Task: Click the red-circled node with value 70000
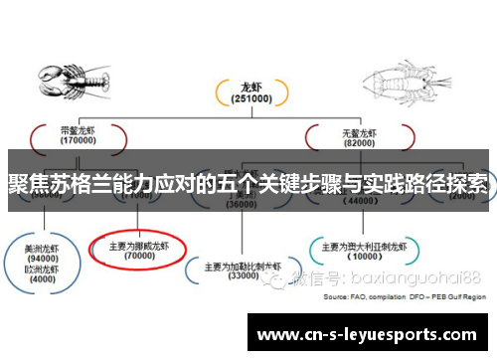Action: click(137, 248)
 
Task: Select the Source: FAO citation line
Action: click(405, 296)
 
